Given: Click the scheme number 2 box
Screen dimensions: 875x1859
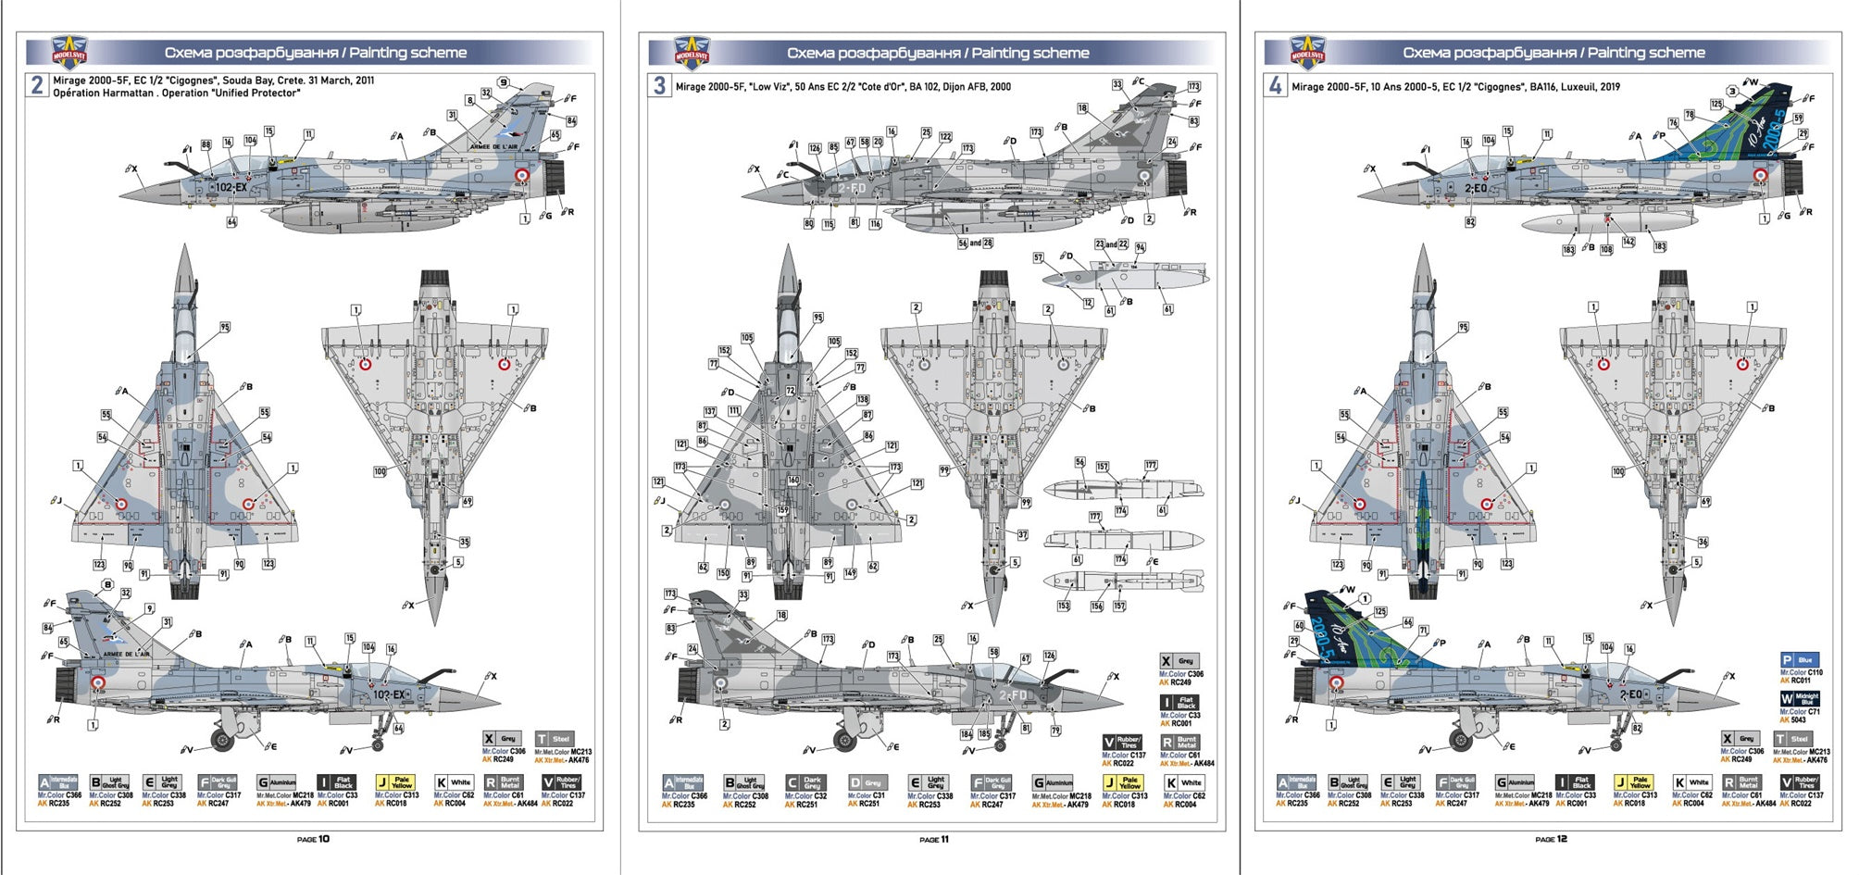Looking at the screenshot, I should (37, 86).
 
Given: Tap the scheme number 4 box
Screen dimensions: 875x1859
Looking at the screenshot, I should (1275, 86).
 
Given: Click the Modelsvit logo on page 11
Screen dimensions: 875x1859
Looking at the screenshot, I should (692, 54).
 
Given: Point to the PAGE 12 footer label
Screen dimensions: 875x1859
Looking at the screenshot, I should (1551, 839).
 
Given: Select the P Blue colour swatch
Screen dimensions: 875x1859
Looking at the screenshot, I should (1800, 660).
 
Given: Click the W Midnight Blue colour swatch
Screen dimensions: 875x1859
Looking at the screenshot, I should (1800, 698).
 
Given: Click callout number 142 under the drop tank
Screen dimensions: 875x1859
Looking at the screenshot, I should (1628, 242).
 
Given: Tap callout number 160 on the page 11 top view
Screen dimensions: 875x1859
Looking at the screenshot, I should (793, 481).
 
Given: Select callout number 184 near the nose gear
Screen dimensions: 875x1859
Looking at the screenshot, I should (966, 734).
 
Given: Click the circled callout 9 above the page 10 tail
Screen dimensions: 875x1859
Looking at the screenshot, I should (504, 82).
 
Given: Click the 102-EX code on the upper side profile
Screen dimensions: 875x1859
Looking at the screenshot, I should (231, 187).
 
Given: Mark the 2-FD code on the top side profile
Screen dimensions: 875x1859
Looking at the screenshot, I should (852, 188).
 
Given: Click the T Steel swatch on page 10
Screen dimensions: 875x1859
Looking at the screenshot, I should (555, 739).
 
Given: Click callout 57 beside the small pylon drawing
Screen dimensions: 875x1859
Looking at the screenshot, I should (1038, 258).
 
